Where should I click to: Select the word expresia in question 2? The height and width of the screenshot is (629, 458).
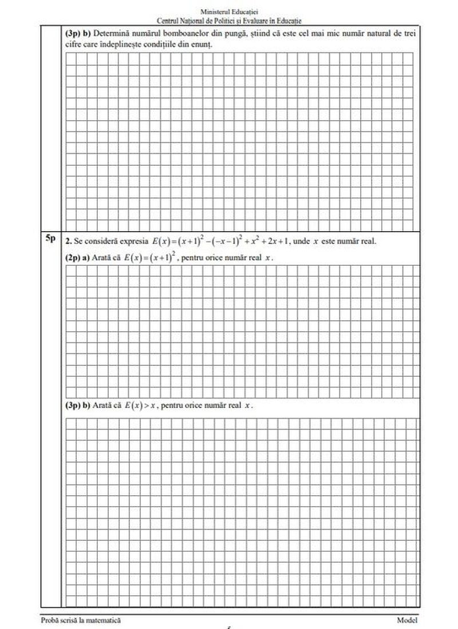[x=132, y=241]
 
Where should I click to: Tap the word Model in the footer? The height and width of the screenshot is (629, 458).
[x=407, y=620]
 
